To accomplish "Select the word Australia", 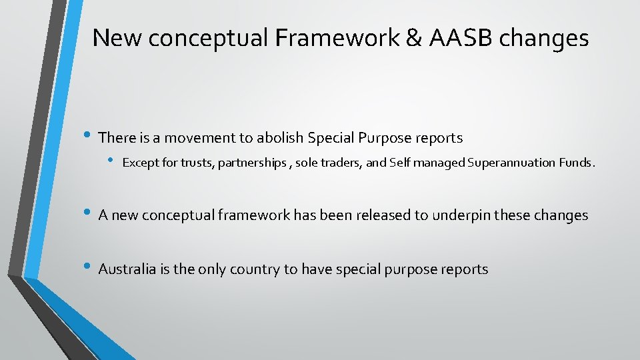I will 127,269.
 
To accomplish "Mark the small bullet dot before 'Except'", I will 111,161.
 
